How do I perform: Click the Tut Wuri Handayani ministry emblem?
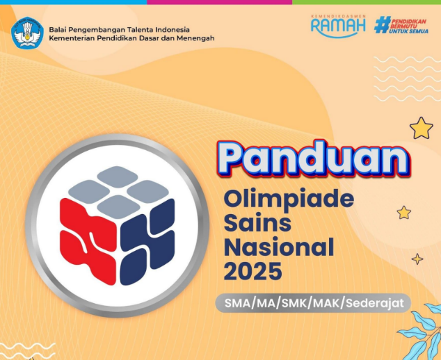tap(27, 32)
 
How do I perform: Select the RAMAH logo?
tap(338, 25)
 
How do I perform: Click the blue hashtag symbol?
tap(382, 25)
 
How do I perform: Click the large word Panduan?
tap(312, 159)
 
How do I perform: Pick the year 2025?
tap(253, 270)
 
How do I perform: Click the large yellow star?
tap(421, 128)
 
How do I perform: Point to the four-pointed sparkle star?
tap(417, 259)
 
